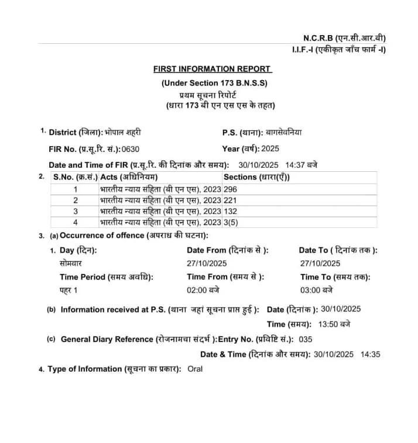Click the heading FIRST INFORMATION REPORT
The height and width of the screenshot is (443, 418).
click(x=212, y=69)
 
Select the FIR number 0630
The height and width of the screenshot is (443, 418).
click(x=130, y=149)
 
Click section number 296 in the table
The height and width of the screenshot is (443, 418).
click(x=230, y=189)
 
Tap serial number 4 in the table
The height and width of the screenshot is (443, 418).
click(x=75, y=222)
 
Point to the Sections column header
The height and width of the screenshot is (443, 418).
click(x=256, y=177)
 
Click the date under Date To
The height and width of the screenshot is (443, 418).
click(x=320, y=264)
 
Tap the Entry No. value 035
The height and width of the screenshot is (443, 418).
click(x=305, y=339)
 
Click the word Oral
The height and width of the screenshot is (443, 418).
click(x=195, y=369)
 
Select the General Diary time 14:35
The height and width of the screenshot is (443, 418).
click(x=370, y=354)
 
